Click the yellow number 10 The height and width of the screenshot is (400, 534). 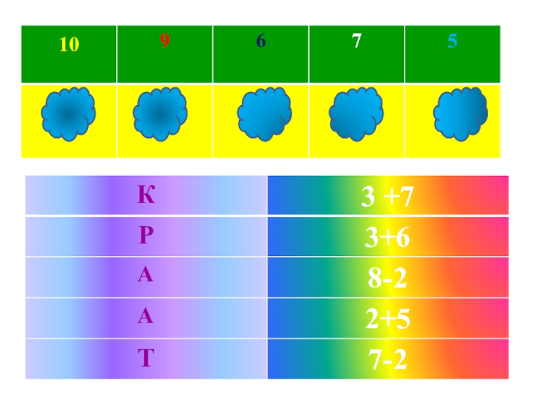69,45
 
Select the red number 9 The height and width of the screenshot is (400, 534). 164,41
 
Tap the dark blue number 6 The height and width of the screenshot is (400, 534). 261,41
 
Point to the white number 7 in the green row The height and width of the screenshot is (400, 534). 357,41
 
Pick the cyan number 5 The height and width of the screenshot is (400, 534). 453,41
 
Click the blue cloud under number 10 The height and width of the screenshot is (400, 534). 68,115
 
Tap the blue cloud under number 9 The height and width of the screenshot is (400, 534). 160,115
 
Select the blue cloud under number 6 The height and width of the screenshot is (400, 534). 264,115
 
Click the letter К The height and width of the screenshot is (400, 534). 146,196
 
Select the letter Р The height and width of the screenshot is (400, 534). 146,237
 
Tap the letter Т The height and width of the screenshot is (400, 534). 146,359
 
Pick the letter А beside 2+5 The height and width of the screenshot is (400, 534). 146,318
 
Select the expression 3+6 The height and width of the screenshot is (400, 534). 387,238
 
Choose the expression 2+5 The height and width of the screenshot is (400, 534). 387,320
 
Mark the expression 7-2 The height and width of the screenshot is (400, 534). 387,361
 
